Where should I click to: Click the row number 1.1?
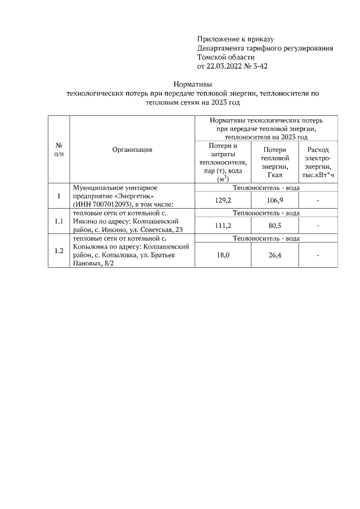click(58, 221)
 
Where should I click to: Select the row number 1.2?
click(58, 250)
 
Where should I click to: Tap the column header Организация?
click(132, 150)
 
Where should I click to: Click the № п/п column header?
click(58, 150)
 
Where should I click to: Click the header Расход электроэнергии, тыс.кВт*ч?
click(318, 163)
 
